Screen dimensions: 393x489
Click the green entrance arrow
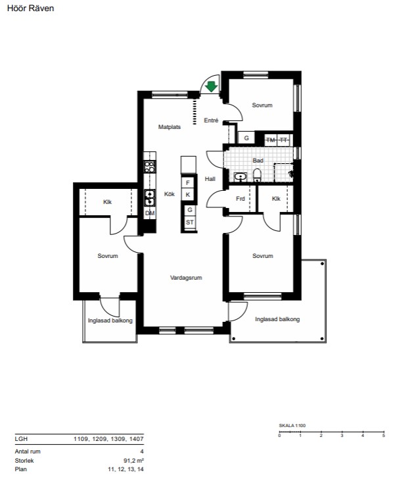212,86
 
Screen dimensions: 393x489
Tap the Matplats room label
170,127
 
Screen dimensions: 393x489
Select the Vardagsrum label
186,278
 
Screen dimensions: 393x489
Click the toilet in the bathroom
257,175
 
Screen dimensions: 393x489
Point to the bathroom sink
240,177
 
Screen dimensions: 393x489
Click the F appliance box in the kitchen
188,183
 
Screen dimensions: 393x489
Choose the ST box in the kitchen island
190,222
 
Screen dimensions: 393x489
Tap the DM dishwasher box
150,213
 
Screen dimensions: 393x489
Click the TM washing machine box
271,140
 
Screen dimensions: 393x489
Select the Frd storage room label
241,199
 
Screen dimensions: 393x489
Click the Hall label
210,179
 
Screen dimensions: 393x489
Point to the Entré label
211,120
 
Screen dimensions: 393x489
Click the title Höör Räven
30,8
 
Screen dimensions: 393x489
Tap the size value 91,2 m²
133,460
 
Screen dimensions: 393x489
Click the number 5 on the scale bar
384,435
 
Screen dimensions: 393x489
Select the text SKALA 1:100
292,425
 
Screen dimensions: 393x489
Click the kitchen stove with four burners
150,167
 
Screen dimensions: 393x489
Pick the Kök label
170,194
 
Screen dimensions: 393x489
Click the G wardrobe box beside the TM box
246,138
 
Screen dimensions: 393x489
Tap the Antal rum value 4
142,451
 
